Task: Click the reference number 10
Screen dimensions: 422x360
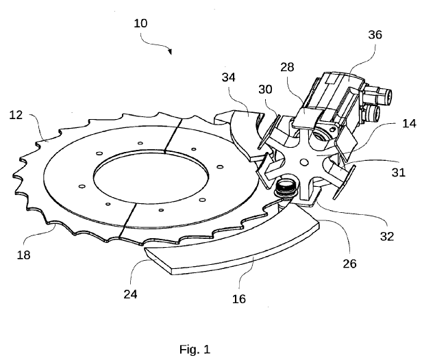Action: (x=140, y=23)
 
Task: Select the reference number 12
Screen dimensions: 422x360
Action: (x=16, y=115)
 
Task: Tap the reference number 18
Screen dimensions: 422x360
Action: (x=24, y=255)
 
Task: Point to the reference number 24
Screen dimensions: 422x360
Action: (x=130, y=294)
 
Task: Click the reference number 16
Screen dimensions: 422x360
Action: (x=239, y=298)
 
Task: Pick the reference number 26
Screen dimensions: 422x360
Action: (x=349, y=263)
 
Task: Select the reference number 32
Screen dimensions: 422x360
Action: (x=387, y=236)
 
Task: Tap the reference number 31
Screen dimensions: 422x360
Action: (x=398, y=172)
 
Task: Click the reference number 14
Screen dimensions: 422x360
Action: (x=409, y=124)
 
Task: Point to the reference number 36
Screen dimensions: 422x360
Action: (x=375, y=35)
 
